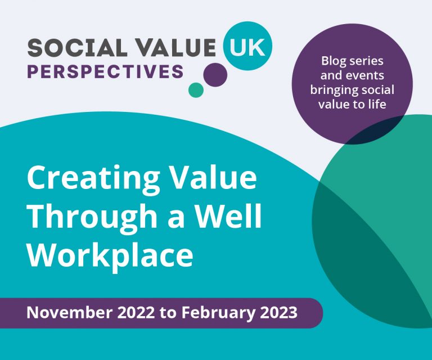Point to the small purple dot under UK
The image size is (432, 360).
tap(215, 74)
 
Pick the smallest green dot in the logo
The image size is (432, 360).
tap(195, 89)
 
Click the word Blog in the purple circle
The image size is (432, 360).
tap(332, 61)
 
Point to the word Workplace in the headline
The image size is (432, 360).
tap(110, 254)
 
